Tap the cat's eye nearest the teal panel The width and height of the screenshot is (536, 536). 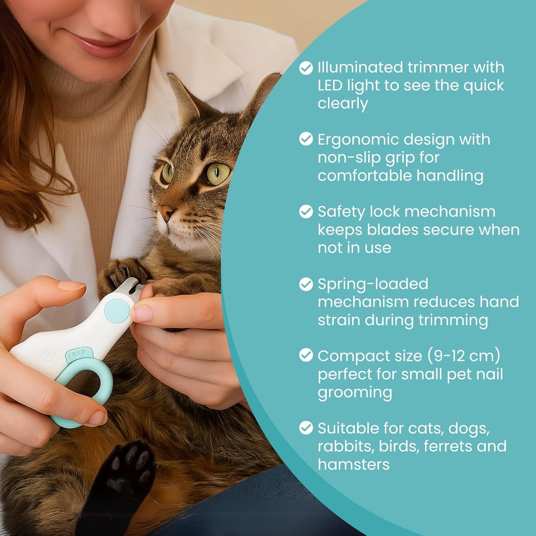click(x=218, y=174)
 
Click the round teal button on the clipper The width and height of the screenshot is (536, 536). click(x=117, y=310)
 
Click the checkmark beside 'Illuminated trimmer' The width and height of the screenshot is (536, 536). click(x=306, y=68)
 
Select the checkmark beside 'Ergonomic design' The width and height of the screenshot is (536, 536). click(x=306, y=139)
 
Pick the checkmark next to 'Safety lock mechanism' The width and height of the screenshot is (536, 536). click(x=306, y=211)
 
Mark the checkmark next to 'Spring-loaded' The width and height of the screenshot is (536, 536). click(x=306, y=284)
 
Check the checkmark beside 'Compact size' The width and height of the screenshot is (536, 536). click(x=306, y=355)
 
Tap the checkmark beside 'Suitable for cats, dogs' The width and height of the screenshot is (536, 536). click(x=306, y=428)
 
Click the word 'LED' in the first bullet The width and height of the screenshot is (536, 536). click(x=330, y=86)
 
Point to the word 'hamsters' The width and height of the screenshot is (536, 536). click(x=354, y=464)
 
